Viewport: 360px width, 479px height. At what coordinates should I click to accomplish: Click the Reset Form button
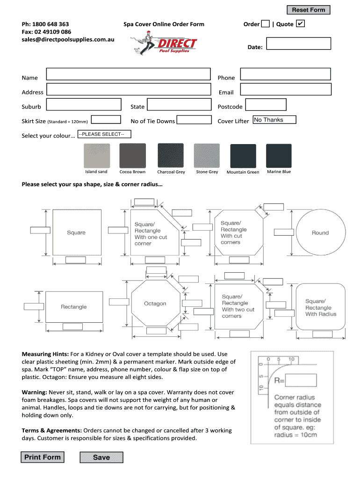308,10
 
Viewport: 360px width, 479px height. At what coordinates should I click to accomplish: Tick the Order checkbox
265,24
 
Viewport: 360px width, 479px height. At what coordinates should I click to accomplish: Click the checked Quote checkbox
301,23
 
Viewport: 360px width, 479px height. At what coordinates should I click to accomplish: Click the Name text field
128,74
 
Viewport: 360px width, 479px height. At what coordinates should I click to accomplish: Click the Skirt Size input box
106,120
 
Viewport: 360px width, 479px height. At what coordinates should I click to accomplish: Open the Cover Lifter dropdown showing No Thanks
274,120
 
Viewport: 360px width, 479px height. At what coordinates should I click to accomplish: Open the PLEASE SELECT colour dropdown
104,134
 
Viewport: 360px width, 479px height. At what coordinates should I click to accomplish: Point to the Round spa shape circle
320,233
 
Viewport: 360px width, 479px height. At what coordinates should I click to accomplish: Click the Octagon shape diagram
155,304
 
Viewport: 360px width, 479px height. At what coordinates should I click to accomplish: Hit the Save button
101,457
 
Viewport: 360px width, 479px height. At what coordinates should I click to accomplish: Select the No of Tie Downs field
194,120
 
